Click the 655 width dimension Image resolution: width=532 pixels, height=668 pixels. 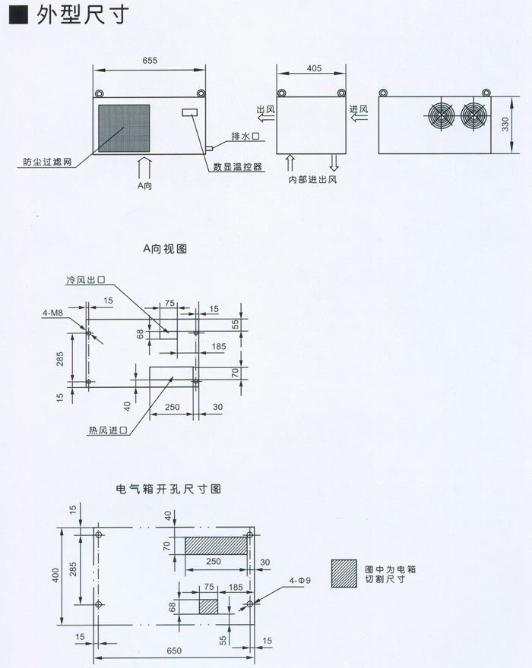[149, 61]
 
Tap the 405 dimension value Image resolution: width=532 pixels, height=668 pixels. [313, 68]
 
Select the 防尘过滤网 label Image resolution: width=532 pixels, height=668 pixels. [47, 162]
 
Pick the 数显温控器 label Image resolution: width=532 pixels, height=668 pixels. [239, 167]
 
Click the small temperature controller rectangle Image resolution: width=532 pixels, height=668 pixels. [190, 113]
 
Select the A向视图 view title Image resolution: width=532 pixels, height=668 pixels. [165, 248]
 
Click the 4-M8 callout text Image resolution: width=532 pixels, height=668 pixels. [53, 311]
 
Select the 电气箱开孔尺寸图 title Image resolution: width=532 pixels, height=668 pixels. [167, 490]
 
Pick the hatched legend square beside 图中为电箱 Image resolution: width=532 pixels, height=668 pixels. [344, 572]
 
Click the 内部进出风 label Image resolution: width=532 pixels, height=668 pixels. [312, 180]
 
